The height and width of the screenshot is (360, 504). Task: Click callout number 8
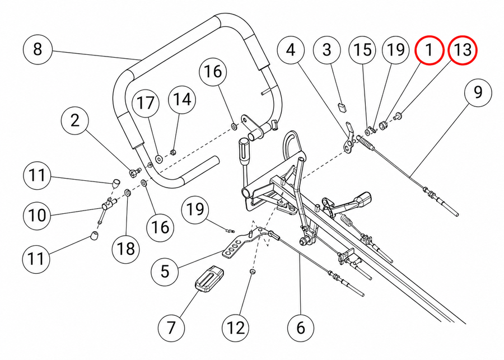[38, 50]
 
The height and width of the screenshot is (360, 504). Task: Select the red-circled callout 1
[429, 50]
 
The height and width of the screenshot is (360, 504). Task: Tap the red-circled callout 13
[463, 50]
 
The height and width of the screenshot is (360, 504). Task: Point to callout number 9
[478, 92]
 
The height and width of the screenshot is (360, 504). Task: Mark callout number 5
[165, 272]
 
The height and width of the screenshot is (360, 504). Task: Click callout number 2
[74, 120]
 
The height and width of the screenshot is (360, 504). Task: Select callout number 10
[38, 215]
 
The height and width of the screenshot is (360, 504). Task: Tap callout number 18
[125, 249]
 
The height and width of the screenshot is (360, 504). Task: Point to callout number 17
[146, 104]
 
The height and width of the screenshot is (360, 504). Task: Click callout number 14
[182, 99]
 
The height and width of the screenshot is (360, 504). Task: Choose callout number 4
[291, 50]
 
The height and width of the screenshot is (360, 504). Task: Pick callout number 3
[326, 50]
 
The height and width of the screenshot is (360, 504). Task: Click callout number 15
[362, 50]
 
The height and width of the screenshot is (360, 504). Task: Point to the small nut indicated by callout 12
[253, 272]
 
